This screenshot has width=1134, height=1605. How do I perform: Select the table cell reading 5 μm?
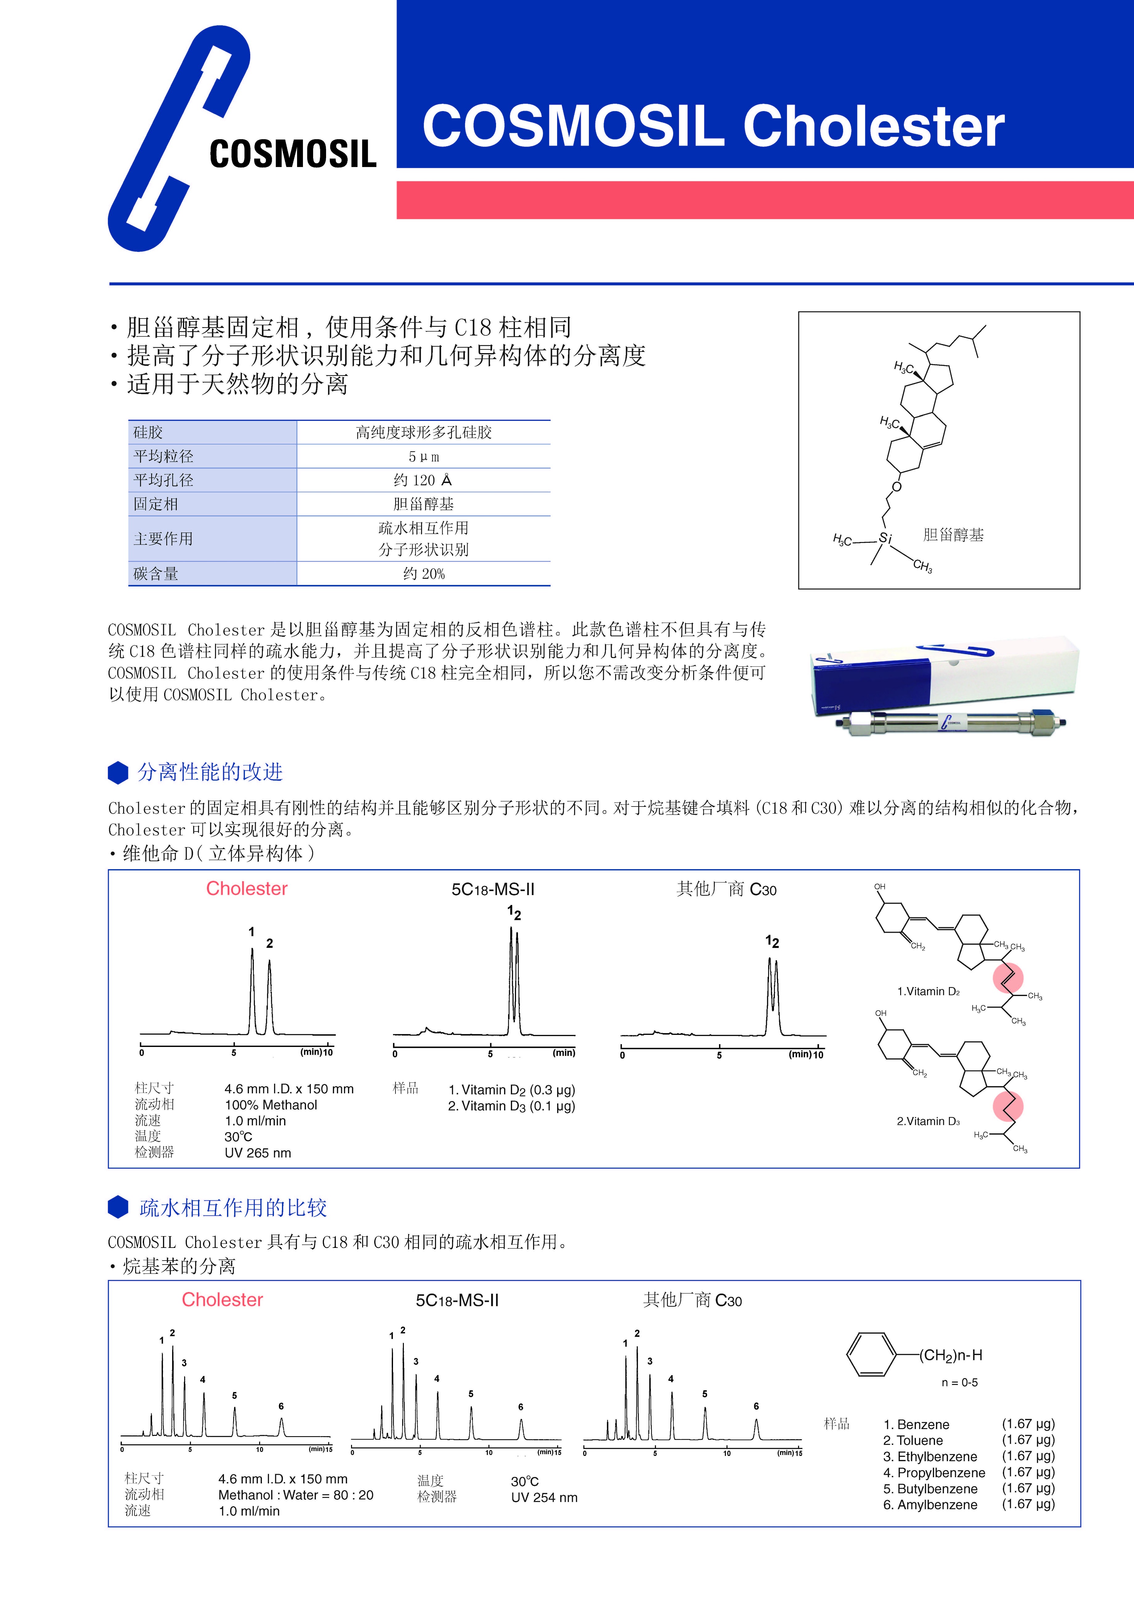click(x=424, y=456)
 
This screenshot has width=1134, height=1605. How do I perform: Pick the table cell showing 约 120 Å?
click(x=424, y=480)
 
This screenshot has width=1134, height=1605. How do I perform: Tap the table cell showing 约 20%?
click(x=424, y=574)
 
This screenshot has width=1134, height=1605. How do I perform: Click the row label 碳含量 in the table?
click(x=156, y=574)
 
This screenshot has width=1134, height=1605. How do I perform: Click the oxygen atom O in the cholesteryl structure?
click(x=896, y=486)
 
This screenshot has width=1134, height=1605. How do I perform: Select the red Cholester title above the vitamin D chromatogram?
click(x=247, y=889)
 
